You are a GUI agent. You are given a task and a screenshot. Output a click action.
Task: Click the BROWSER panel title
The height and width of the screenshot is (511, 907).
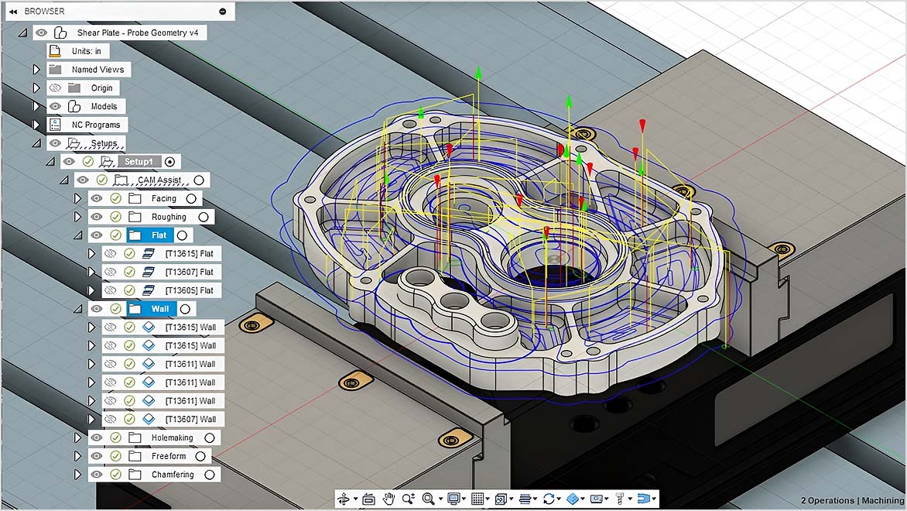point(44,12)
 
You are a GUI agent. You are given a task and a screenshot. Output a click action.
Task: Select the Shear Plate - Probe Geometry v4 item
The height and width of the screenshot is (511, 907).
point(140,33)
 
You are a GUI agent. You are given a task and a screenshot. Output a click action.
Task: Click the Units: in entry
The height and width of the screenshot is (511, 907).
point(86,51)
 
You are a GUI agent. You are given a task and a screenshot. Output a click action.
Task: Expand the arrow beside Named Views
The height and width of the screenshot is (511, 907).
point(36,70)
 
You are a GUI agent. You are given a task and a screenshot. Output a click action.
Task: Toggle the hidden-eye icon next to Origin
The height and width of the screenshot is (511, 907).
point(55,88)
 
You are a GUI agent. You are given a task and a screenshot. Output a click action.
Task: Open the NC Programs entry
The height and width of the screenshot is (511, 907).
point(95,125)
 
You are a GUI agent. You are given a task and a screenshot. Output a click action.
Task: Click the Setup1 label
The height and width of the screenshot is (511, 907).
point(139,162)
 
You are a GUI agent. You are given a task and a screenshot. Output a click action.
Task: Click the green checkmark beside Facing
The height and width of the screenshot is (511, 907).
point(115,198)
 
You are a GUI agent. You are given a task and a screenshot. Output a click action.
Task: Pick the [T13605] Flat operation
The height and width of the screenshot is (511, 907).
point(189,290)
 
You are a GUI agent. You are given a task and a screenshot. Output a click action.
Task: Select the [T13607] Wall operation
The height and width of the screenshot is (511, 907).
point(190,420)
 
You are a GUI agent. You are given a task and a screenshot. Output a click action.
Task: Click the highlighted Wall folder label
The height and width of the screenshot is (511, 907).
point(159,309)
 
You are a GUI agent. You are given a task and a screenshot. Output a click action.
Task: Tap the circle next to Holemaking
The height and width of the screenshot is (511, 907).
point(209,438)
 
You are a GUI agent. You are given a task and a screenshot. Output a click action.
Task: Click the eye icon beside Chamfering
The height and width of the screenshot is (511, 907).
point(97,475)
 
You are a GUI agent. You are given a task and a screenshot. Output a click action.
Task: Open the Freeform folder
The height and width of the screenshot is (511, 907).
point(169,457)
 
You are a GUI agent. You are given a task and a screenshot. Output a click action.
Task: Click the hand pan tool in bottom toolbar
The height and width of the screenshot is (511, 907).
point(388,499)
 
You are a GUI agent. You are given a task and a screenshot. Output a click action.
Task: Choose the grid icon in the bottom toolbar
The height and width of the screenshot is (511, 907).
point(477,499)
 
